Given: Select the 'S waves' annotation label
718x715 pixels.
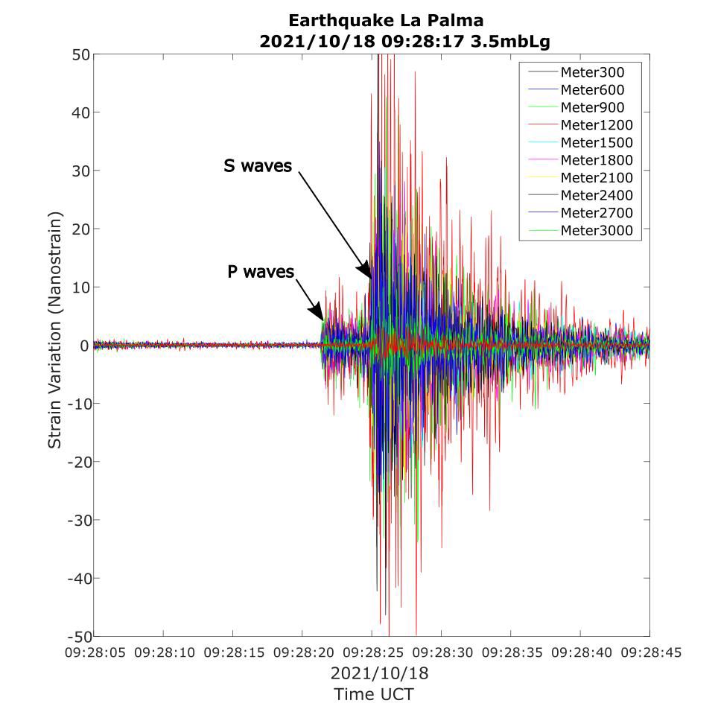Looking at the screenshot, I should click(258, 166).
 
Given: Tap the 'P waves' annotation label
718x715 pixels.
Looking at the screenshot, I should click(261, 272).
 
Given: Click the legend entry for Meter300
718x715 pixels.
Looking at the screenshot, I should click(592, 72).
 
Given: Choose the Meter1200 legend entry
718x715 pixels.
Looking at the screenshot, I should click(596, 125).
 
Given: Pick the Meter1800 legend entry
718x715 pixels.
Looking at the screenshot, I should click(596, 160).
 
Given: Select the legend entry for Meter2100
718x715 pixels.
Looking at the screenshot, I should click(596, 178).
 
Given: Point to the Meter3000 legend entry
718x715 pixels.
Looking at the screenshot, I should click(596, 231).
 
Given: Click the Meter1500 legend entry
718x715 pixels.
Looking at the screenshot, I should click(596, 142).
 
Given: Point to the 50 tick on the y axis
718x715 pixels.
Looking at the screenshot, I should click(80, 54).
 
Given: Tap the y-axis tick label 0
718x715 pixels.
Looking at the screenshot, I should click(85, 346).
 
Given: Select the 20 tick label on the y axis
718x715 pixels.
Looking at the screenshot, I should click(80, 229).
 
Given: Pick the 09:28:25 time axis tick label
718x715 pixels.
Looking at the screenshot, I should click(372, 653).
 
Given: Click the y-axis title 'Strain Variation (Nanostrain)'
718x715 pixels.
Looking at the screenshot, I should click(55, 330).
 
